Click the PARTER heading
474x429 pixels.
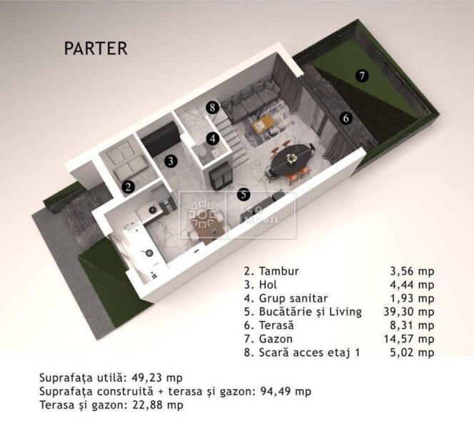[96, 49]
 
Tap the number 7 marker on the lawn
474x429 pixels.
[362, 75]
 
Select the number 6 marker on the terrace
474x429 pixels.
[346, 119]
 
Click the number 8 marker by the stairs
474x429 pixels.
[211, 107]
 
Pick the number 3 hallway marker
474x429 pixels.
[170, 161]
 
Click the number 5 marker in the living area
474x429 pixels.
[243, 194]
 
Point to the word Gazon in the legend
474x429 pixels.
[273, 339]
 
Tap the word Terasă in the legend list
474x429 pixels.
[274, 325]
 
